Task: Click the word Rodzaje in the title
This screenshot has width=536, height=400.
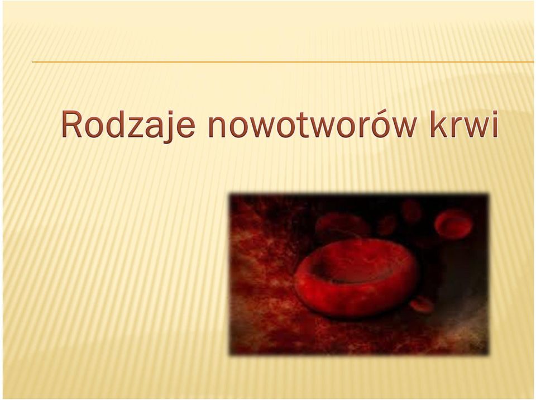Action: [x=128, y=126]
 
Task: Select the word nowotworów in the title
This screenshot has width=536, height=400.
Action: [x=312, y=125]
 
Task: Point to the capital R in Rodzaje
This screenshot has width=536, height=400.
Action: [x=73, y=123]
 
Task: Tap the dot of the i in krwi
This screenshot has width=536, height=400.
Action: [x=494, y=112]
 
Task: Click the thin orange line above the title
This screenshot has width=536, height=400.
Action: [x=283, y=62]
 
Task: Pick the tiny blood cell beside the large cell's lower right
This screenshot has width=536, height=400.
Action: [x=422, y=304]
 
